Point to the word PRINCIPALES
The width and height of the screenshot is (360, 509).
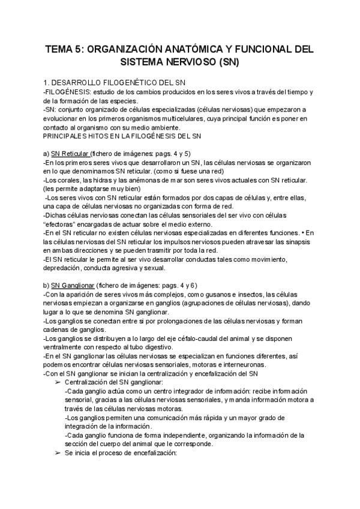coord(68,136)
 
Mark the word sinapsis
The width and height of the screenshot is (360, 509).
coord(308,241)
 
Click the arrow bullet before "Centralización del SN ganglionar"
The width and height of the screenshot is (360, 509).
coord(58,382)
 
